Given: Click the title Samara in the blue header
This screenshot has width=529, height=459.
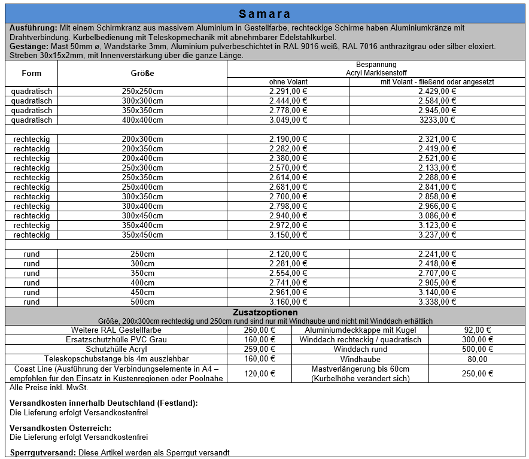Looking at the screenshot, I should click(264, 14).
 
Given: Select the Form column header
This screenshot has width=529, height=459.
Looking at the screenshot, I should click(32, 73).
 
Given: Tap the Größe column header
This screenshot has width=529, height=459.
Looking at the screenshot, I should click(142, 73).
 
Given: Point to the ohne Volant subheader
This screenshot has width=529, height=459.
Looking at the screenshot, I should click(288, 82).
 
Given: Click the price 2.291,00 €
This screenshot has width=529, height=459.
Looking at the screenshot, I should click(288, 92).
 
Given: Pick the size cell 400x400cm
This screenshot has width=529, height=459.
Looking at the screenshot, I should click(142, 120).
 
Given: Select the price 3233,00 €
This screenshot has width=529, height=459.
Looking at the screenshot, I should click(437, 120).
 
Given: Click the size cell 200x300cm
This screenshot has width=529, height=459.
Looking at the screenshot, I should click(142, 139).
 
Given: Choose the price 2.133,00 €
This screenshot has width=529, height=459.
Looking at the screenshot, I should click(437, 168).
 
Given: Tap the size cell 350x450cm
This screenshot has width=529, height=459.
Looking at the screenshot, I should click(142, 235).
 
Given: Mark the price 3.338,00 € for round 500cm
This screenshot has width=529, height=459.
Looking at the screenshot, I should click(437, 302).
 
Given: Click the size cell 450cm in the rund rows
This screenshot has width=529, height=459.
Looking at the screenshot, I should click(142, 293).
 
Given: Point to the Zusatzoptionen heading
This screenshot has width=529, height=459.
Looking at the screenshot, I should click(264, 312).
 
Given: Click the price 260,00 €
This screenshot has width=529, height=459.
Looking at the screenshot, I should click(260, 330).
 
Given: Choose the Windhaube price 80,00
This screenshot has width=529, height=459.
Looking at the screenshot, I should click(478, 359).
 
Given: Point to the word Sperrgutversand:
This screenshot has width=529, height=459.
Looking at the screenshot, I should click(42, 452).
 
